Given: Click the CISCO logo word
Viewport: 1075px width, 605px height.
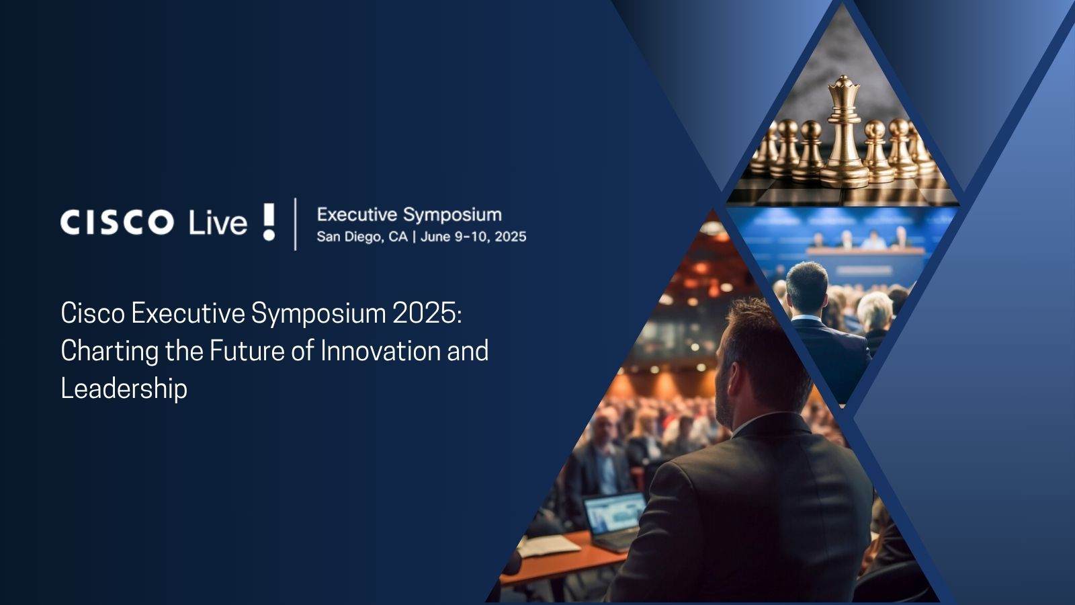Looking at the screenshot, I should pyautogui.click(x=117, y=223).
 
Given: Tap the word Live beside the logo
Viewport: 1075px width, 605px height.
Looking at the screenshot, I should pyautogui.click(x=218, y=223).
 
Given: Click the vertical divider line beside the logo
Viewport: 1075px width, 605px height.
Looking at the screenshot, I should pyautogui.click(x=296, y=224).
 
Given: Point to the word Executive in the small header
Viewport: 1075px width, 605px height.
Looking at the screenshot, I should pyautogui.click(x=357, y=214).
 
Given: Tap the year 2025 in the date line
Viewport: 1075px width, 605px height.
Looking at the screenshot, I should pyautogui.click(x=511, y=237).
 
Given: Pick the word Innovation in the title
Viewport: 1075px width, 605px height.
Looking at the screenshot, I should pyautogui.click(x=380, y=351).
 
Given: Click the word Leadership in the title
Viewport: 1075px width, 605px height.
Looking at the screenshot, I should pyautogui.click(x=124, y=389).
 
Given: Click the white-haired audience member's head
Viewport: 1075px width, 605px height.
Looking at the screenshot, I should pyautogui.click(x=875, y=309).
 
